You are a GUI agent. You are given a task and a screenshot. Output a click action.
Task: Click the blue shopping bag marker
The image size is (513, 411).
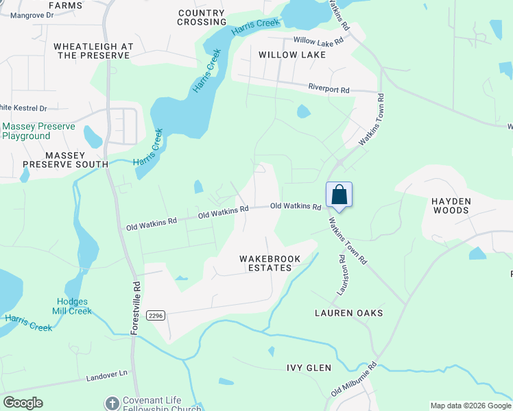click(339, 195)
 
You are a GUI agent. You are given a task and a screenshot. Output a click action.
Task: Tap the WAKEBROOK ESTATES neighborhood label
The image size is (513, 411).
click(265, 263)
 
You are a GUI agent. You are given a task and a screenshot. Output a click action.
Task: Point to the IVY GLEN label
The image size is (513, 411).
click(309, 368)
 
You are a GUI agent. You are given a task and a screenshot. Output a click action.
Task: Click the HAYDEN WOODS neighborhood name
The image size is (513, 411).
click(451, 206)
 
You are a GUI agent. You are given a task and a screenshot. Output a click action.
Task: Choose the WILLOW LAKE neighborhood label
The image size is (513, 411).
click(287, 54)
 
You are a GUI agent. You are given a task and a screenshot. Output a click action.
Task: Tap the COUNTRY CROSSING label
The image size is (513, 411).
click(201, 17)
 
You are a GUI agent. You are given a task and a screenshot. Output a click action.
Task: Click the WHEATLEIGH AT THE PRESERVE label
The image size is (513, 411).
click(92, 51)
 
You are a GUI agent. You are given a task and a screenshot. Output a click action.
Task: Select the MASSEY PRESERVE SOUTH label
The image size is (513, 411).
click(65, 164)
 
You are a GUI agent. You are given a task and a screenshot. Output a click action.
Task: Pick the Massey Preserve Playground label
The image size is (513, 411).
click(35, 132)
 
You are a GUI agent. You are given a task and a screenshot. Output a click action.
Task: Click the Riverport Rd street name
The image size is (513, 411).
click(329, 89)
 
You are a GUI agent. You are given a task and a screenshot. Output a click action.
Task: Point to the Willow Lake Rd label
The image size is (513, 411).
click(318, 41)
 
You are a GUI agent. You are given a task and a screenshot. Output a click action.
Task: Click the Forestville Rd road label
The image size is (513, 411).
click(136, 307)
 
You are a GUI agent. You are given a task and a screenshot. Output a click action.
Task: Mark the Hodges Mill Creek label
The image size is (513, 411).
click(72, 306)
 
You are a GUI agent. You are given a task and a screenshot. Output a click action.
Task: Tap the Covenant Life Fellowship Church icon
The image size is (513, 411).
click(112, 403)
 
